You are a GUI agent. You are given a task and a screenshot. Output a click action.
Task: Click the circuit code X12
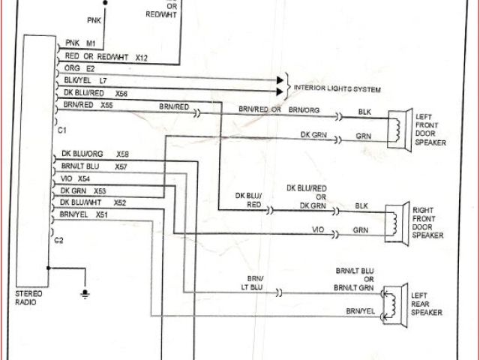(142, 57)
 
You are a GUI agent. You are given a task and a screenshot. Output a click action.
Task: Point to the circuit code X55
(106, 106)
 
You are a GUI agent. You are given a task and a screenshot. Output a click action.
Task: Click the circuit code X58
(122, 154)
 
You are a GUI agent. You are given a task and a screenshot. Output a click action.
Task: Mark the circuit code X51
(102, 214)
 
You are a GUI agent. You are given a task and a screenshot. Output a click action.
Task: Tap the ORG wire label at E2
(73, 67)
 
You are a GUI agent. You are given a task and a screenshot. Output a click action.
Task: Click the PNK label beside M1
(73, 43)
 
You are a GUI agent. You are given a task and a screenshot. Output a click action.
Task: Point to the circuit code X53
(100, 190)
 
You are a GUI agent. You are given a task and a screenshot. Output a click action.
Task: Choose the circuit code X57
(121, 166)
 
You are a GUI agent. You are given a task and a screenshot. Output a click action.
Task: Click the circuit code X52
(120, 202)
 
